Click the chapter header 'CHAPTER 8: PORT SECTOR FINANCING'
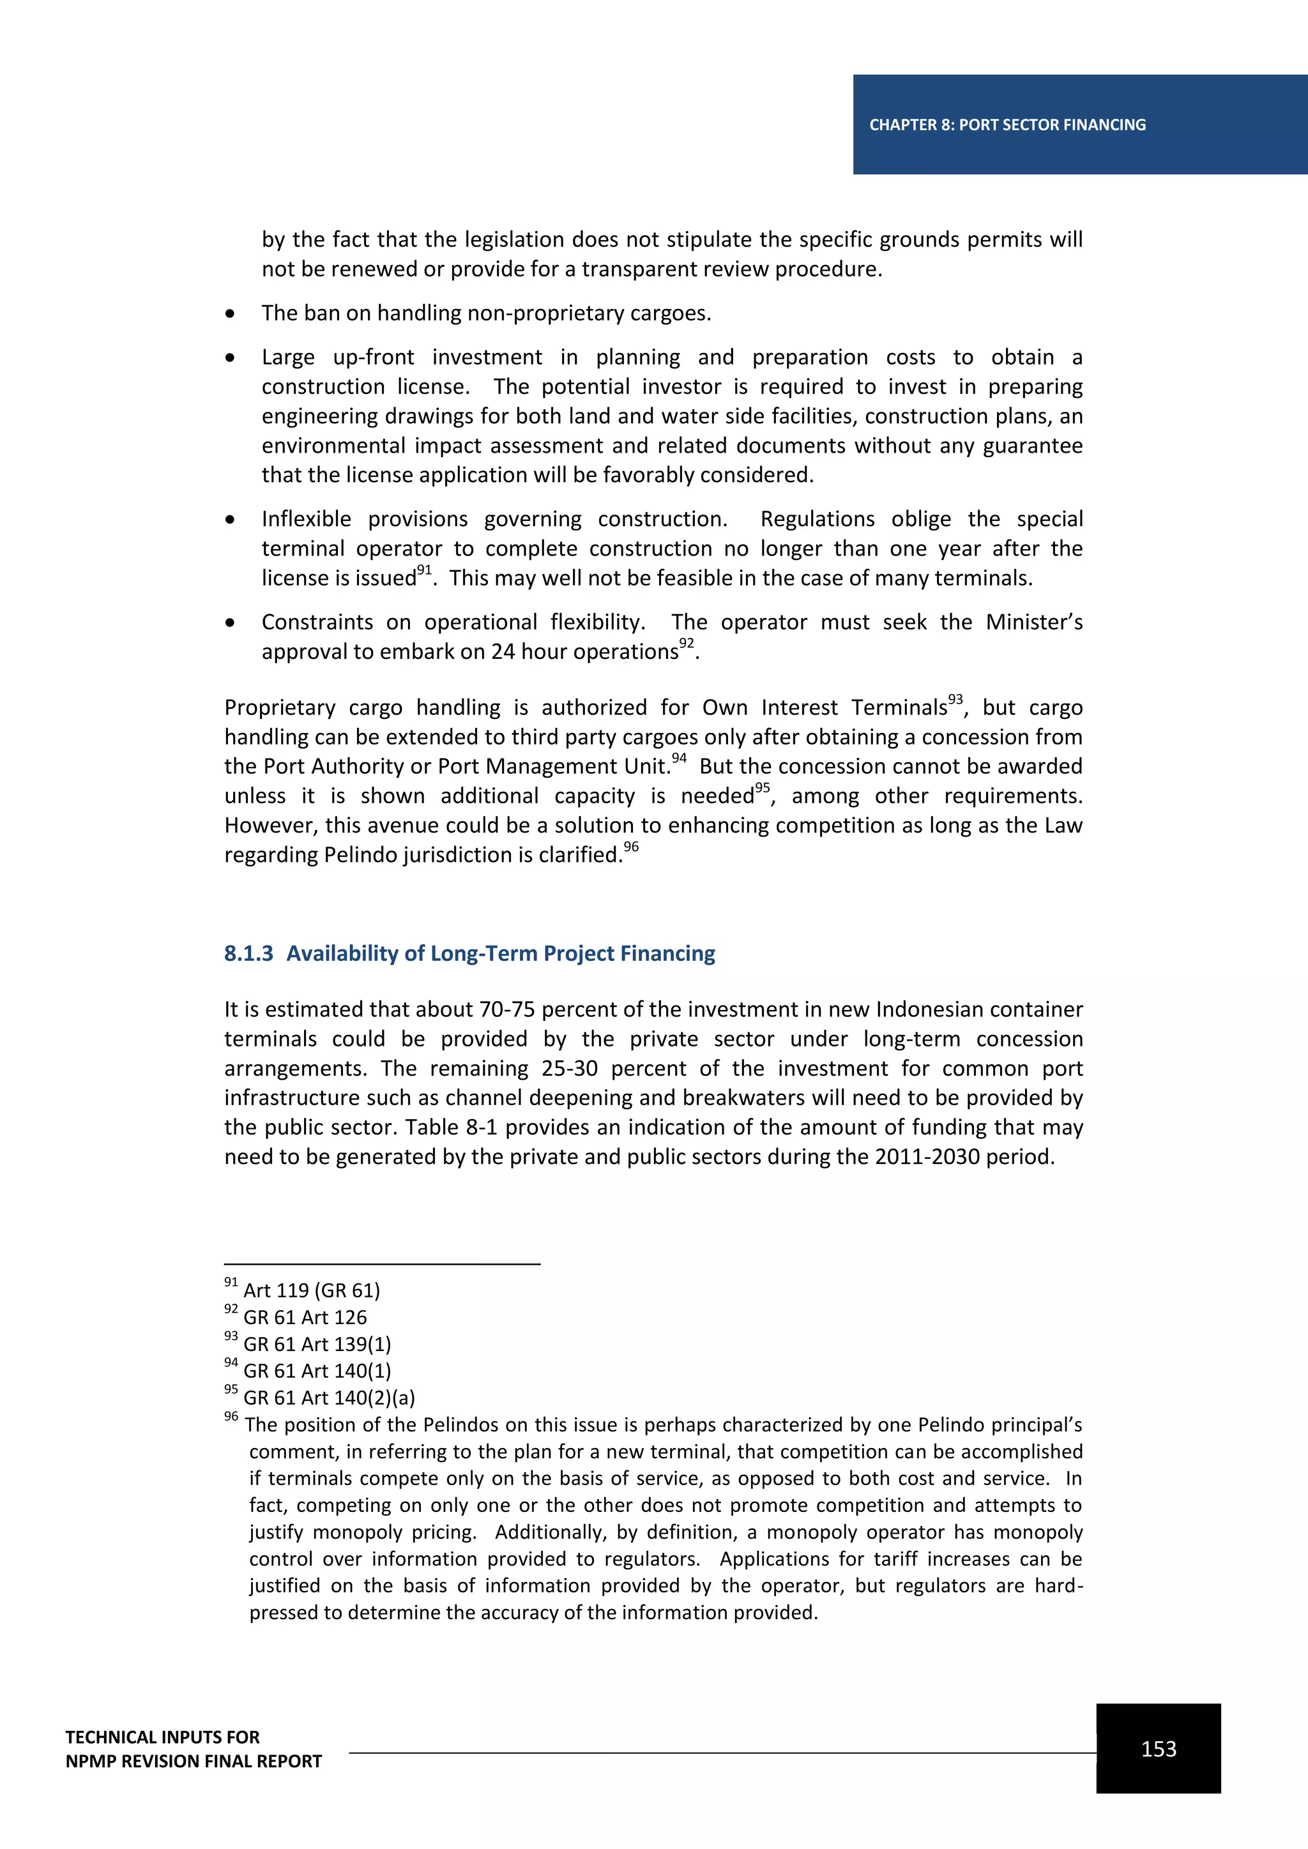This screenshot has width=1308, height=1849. click(x=1007, y=125)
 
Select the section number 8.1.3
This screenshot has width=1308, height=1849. click(x=248, y=953)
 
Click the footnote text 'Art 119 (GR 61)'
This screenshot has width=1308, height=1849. click(x=311, y=1290)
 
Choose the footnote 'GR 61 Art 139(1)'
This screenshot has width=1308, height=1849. click(x=317, y=1344)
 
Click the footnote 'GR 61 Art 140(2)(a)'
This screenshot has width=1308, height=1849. click(x=329, y=1397)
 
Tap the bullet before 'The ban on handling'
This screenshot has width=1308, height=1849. click(x=231, y=313)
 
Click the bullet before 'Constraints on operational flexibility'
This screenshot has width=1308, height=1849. click(x=231, y=623)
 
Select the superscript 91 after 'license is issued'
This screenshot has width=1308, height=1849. click(x=425, y=570)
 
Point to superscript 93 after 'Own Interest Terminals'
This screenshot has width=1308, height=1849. click(x=955, y=699)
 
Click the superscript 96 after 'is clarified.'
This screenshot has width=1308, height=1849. click(x=632, y=847)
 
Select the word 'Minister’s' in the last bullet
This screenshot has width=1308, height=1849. click(x=1033, y=622)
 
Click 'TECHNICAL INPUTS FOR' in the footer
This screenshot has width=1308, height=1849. click(x=163, y=1737)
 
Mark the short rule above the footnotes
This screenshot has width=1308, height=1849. click(x=382, y=1264)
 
